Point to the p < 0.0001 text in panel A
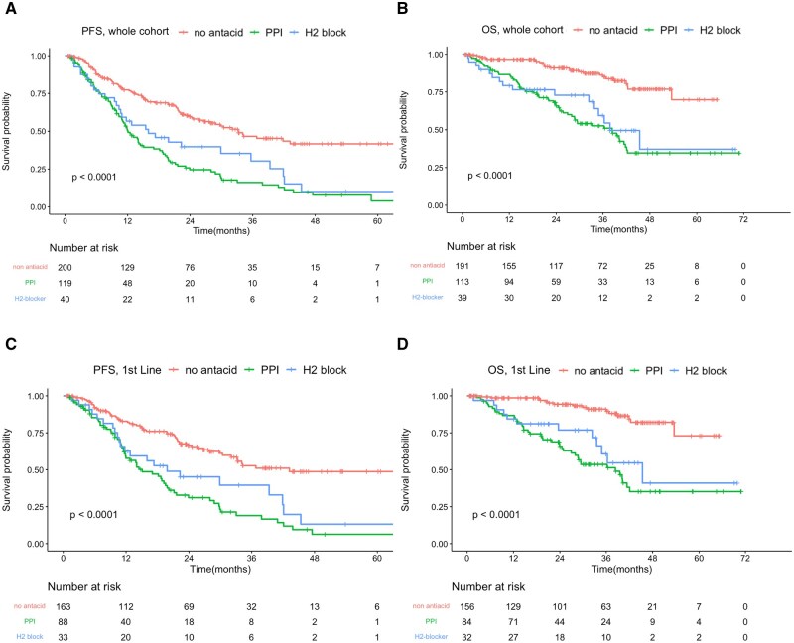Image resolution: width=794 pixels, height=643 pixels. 101,178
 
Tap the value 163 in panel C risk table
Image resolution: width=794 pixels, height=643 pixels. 64,604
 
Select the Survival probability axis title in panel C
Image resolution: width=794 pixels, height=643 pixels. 8,466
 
